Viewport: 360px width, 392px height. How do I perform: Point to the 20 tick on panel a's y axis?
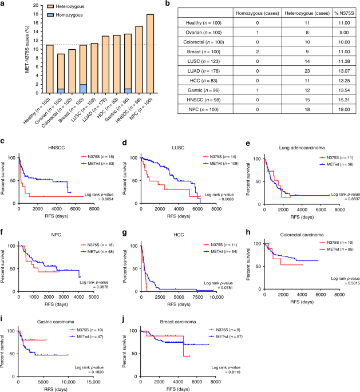23,7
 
